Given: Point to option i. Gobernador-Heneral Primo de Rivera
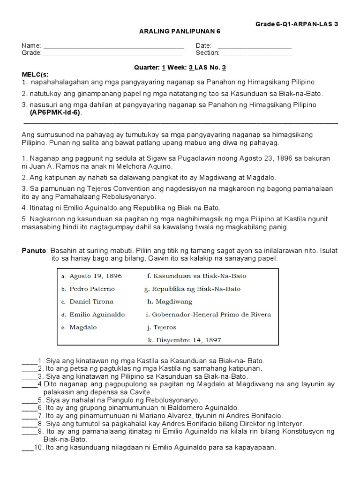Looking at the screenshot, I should (x=209, y=315).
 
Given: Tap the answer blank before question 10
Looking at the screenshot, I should (x=27, y=447).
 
